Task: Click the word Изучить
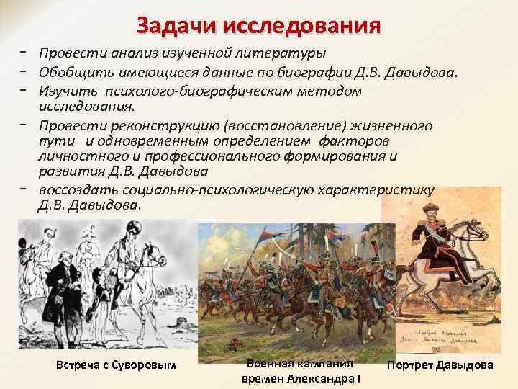pos(67,91)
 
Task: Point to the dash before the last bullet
pos(24,189)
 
